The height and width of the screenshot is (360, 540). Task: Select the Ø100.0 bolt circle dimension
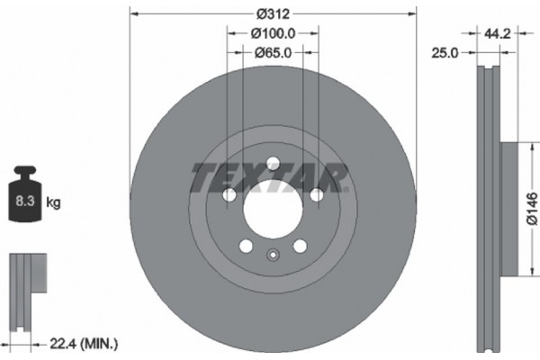pos(273,34)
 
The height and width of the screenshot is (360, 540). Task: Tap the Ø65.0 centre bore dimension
pos(273,53)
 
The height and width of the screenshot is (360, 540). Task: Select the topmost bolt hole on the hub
pos(273,164)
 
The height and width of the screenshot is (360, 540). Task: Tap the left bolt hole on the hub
pos(229,195)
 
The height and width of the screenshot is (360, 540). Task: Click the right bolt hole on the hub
pos(316,195)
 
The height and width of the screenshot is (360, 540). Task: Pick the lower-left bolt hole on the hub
pos(246,246)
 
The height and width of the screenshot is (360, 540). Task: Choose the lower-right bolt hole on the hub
pos(300,246)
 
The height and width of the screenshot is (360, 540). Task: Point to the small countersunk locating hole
pos(273,254)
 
